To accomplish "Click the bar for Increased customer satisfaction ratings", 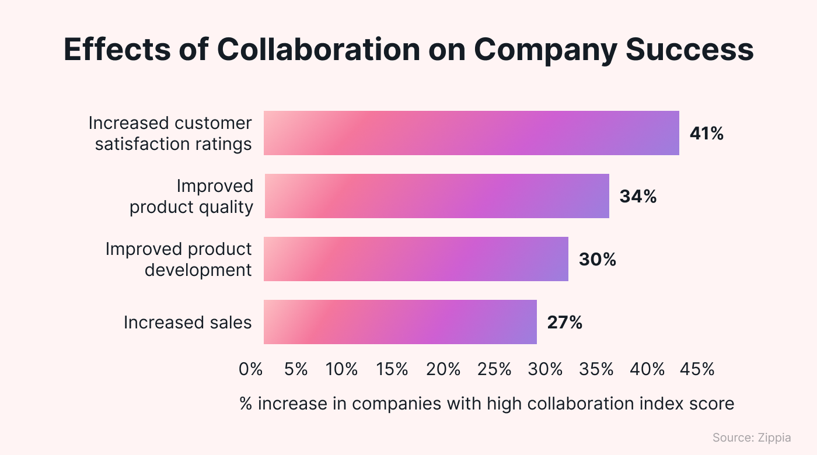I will (x=471, y=133).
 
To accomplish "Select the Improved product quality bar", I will (x=437, y=196).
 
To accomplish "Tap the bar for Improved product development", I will (x=416, y=259).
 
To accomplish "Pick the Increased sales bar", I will (x=400, y=322).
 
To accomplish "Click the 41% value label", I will (x=706, y=134).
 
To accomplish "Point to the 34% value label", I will (x=638, y=197).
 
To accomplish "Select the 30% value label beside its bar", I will (x=597, y=260).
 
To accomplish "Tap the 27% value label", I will (x=564, y=323).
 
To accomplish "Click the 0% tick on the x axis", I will (x=251, y=369).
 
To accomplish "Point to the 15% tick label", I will (x=392, y=369).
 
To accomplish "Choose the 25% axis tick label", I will (x=494, y=369).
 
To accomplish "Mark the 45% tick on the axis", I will (x=698, y=369).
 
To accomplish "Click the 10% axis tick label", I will (x=341, y=369).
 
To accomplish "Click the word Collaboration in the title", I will (x=318, y=50).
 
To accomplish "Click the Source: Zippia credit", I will (x=752, y=437).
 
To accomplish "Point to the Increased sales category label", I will (x=187, y=323).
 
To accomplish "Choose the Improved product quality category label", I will (x=191, y=197).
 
